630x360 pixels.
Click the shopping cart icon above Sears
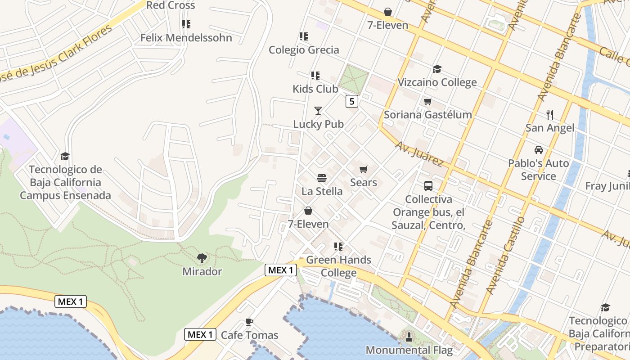tap(363, 170)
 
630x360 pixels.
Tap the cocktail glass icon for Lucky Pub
tap(318, 111)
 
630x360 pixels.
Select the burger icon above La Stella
tap(321, 179)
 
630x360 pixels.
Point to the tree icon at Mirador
tap(202, 258)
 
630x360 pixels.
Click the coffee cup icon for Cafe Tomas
tap(249, 322)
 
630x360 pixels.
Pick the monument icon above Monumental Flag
tap(409, 337)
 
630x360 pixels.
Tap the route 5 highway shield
tap(352, 101)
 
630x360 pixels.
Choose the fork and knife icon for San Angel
tap(549, 115)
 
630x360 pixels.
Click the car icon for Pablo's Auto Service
tap(538, 150)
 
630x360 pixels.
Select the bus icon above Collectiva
tap(428, 186)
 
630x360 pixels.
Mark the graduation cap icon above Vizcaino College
tap(437, 69)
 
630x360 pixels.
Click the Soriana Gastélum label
tap(427, 115)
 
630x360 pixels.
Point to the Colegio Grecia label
tap(304, 50)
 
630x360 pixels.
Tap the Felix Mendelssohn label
tap(186, 38)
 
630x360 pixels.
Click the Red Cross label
tap(171, 5)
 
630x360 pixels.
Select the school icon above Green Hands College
tap(338, 247)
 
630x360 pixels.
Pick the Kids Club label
tap(315, 89)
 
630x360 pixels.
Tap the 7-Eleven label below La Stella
tap(308, 224)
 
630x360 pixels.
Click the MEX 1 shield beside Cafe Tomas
tap(200, 334)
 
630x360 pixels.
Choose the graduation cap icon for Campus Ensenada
tap(65, 157)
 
